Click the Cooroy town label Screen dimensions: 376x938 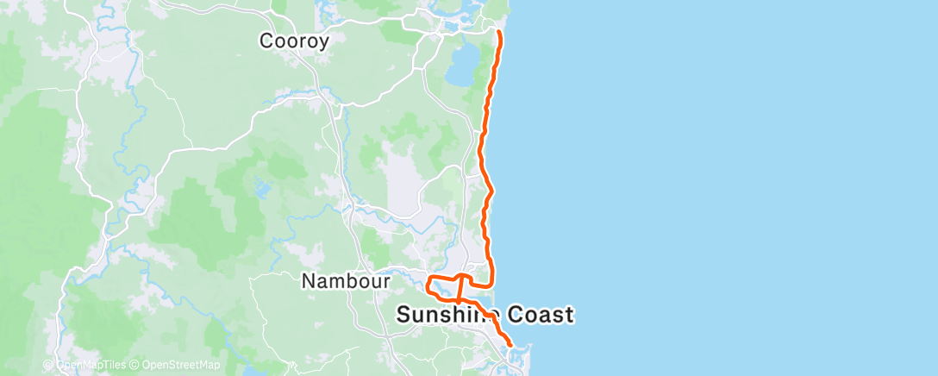point(294,41)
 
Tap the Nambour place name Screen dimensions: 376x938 point(346,281)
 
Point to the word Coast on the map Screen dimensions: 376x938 point(540,316)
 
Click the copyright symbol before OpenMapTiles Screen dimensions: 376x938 point(49,365)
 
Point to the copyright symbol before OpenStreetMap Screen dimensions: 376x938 point(134,365)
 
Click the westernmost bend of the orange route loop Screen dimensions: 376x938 point(428,283)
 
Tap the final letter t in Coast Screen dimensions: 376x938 point(568,316)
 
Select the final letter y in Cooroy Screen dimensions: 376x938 point(323,42)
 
